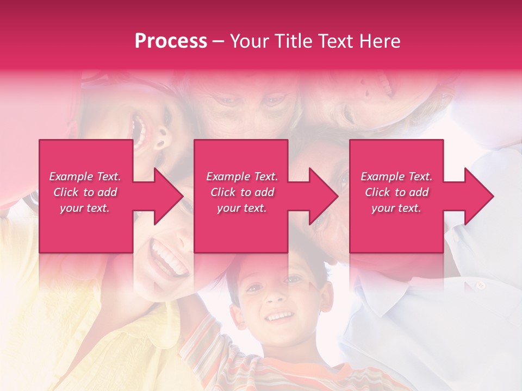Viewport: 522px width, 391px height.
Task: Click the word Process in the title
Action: [171, 41]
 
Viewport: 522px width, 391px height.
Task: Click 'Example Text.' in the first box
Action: [85, 176]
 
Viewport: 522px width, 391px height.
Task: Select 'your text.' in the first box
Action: [85, 208]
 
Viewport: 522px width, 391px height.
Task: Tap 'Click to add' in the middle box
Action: [242, 192]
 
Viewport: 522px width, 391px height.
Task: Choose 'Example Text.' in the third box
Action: [396, 176]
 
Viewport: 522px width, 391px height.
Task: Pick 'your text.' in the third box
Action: [396, 208]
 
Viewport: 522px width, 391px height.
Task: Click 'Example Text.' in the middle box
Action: [242, 176]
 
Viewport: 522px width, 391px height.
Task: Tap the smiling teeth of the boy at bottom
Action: [280, 316]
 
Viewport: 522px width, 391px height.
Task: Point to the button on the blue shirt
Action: [480, 285]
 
